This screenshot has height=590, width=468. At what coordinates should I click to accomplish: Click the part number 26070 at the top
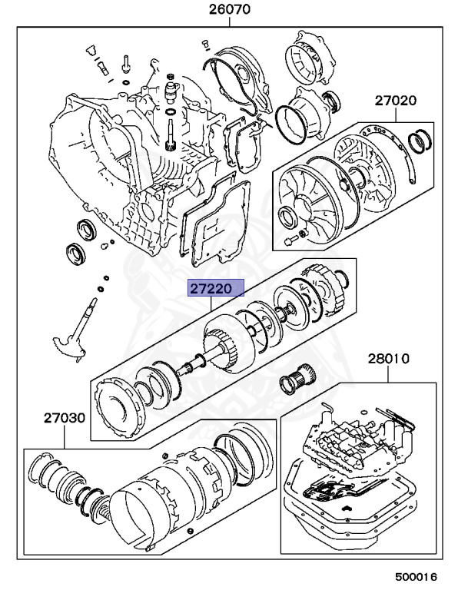(231, 11)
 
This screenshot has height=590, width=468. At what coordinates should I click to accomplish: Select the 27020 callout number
(396, 100)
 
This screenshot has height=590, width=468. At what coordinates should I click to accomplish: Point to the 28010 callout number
(388, 359)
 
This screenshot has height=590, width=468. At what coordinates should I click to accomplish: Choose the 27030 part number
(63, 419)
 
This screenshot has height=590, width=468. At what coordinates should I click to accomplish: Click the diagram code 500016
(418, 575)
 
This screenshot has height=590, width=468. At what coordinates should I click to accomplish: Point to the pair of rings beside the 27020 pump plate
(421, 141)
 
